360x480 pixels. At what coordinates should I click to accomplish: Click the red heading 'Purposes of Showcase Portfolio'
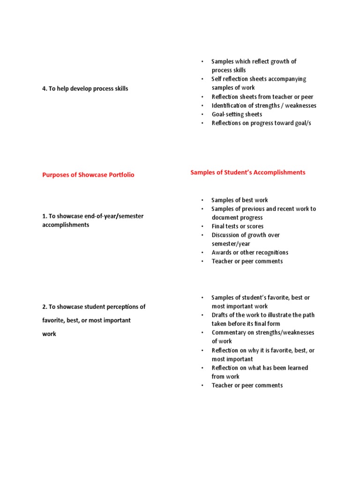pos(88,175)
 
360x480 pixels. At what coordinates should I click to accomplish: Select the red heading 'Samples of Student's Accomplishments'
pos(247,172)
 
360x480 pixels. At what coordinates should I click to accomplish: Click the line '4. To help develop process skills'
pos(85,89)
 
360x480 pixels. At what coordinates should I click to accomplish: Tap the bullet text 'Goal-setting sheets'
pos(237,114)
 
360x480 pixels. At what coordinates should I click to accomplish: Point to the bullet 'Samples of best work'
pos(240,200)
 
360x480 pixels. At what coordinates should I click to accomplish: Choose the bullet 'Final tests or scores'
pos(237,226)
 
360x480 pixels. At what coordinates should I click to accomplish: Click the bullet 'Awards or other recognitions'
pos(250,253)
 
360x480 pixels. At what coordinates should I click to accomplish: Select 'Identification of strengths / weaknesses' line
pos(263,105)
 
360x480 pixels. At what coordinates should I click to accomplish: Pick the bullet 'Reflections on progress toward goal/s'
pos(261,123)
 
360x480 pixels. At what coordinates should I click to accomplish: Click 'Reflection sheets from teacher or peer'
pos(262,97)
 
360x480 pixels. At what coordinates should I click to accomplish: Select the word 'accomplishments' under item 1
pos(66,225)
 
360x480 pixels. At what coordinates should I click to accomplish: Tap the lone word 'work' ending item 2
pos(49,334)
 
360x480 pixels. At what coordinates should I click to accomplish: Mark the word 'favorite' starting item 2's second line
pos(54,321)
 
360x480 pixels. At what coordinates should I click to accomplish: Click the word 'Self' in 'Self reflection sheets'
pos(217,79)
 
